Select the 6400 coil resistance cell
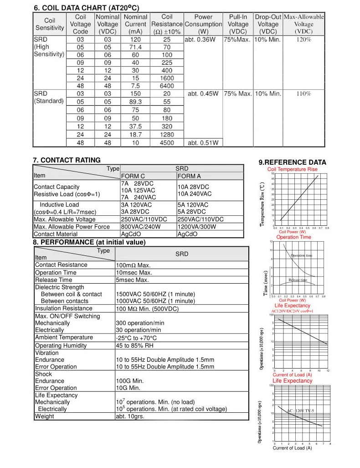pyautogui.click(x=167, y=86)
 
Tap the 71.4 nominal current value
pyautogui.click(x=135, y=47)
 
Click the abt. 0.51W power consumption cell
pyautogui.click(x=203, y=143)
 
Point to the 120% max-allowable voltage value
pyautogui.click(x=303, y=40)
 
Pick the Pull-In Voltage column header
pyautogui.click(x=238, y=24)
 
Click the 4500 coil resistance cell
pyautogui.click(x=167, y=143)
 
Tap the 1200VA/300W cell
pyautogui.click(x=196, y=226)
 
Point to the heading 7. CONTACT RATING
pyautogui.click(x=67, y=160)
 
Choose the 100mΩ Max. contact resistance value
pyautogui.click(x=133, y=265)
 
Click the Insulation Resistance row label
pyautogui.click(x=63, y=308)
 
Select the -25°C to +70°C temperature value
pyautogui.click(x=136, y=338)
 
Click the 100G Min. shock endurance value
pyautogui.click(x=130, y=381)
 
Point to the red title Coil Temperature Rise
pyautogui.click(x=292, y=169)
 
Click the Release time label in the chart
pyautogui.click(x=298, y=280)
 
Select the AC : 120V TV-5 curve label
pyautogui.click(x=301, y=411)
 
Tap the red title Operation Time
pyautogui.click(x=293, y=237)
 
